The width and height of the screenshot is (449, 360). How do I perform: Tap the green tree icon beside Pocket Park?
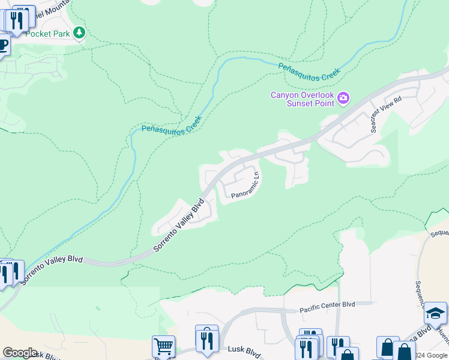79,33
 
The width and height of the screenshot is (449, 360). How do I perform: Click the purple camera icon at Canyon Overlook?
343,98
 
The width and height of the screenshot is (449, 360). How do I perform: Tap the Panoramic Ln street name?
245,187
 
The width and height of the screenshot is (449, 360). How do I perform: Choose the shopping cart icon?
163,346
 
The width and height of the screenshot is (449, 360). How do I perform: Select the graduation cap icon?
435,313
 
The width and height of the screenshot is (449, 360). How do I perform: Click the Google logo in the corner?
20,352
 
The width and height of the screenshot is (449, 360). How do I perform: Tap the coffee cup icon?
2,46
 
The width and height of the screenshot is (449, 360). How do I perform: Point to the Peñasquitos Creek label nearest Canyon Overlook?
310,75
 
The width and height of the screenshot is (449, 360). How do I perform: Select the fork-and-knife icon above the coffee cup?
20,19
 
